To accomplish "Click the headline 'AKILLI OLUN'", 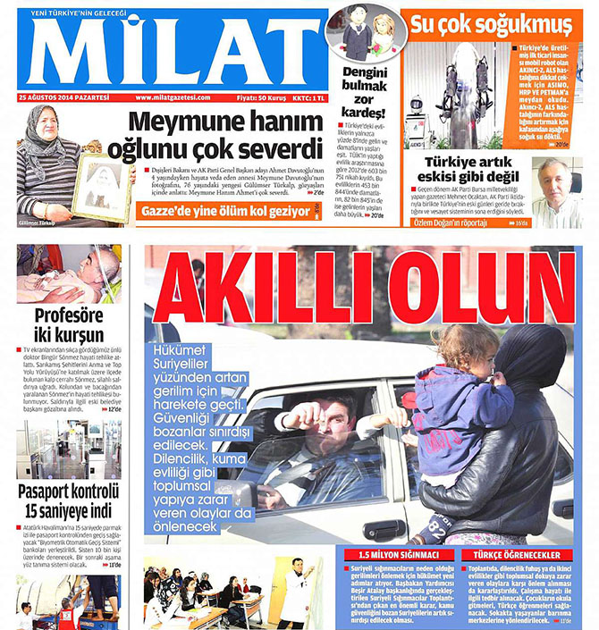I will [364, 290].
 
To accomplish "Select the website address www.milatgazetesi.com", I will [173, 97].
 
